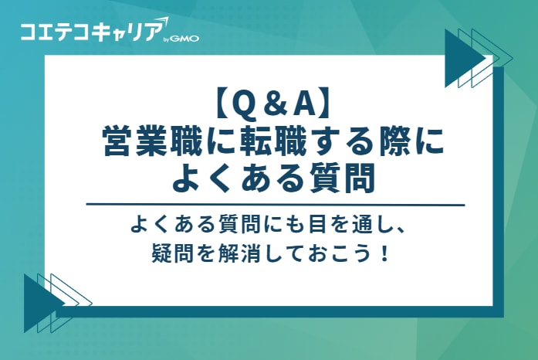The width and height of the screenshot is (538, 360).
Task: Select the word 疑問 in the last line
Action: point(174,253)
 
